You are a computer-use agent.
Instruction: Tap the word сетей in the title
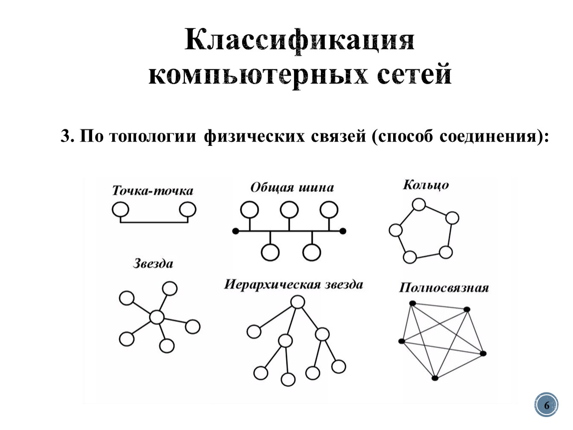coord(415,74)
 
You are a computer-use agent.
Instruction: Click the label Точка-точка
coord(153,191)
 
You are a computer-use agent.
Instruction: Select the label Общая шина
coord(292,188)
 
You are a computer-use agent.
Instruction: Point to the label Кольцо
coord(426,185)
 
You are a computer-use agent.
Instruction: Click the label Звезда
coord(153,263)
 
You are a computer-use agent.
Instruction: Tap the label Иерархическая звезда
coord(294,284)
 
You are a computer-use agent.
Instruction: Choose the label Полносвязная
coord(443,288)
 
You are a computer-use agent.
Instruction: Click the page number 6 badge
coord(546,405)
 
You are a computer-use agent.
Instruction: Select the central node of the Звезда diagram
coord(157,317)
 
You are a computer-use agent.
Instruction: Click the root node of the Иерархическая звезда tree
coord(297,302)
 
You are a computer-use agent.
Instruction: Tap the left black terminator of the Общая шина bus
coord(236,231)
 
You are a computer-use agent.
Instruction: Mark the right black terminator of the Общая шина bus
coord(343,231)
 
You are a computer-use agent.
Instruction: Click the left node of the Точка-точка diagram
coord(120,210)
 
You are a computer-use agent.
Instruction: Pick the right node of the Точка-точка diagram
coord(187,210)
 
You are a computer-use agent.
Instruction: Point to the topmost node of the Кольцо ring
coord(419,205)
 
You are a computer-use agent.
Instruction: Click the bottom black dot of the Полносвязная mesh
coord(435,378)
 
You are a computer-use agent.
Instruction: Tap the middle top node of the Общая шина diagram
coord(289,210)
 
